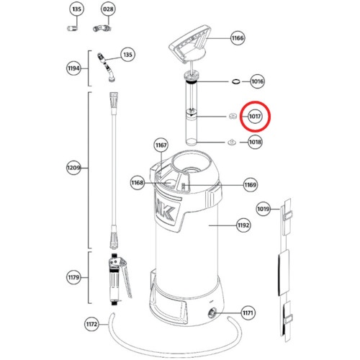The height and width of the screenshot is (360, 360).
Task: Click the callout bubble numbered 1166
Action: [x=238, y=38]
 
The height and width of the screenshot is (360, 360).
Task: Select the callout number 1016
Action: [x=257, y=81]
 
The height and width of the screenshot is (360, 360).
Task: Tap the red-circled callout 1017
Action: [x=255, y=117]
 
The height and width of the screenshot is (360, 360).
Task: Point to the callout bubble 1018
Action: [x=255, y=142]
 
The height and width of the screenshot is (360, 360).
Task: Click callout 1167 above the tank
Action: [x=161, y=145]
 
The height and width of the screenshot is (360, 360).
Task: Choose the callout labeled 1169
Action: [x=251, y=184]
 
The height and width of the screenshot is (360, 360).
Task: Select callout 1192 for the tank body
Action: [x=243, y=225]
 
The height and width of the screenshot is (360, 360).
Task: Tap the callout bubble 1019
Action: [x=264, y=209]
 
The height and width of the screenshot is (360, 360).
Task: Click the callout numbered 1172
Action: [x=91, y=324]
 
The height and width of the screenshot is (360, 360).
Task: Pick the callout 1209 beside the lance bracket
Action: [x=73, y=167]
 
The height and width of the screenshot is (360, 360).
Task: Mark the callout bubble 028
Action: [x=108, y=9]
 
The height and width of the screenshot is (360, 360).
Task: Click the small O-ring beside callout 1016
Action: [x=236, y=81]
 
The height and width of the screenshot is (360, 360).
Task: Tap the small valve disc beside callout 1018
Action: [x=232, y=142]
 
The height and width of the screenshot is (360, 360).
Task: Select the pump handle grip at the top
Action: [x=190, y=43]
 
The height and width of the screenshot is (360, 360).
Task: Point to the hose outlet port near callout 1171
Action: [x=212, y=313]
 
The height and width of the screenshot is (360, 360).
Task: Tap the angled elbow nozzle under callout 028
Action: [x=102, y=28]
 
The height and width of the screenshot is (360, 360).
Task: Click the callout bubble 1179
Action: [x=73, y=277]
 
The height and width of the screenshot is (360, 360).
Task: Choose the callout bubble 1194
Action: [x=73, y=68]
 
